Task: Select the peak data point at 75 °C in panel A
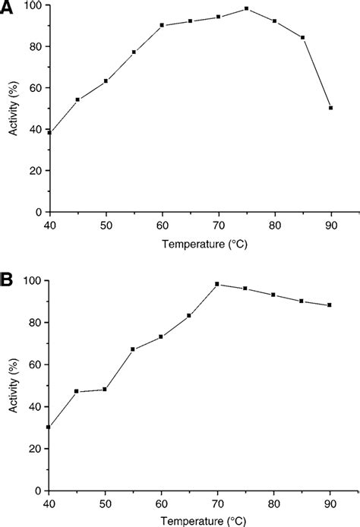click(x=247, y=8)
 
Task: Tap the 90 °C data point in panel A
click(x=331, y=108)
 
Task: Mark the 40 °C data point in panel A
click(x=49, y=132)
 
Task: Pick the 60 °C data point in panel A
click(x=163, y=25)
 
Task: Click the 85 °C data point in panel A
click(x=303, y=37)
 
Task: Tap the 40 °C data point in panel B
click(x=49, y=427)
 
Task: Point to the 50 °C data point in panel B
click(x=105, y=389)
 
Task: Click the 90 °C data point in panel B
click(x=331, y=305)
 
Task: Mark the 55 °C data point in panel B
click(x=133, y=349)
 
